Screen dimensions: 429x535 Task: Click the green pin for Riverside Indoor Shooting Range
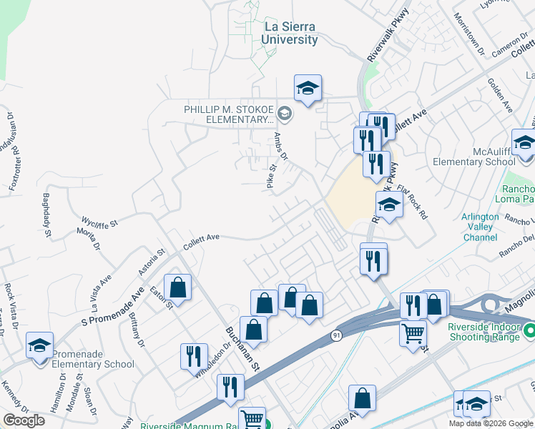click(529, 331)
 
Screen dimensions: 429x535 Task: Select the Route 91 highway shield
click(336, 334)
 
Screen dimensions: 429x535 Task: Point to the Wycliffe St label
click(99, 224)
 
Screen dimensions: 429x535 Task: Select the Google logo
click(24, 420)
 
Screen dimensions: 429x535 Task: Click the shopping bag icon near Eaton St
click(177, 287)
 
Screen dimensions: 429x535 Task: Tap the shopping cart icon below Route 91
click(413, 332)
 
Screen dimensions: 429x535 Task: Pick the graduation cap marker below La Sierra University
click(308, 88)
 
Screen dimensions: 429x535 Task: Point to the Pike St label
click(271, 177)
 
